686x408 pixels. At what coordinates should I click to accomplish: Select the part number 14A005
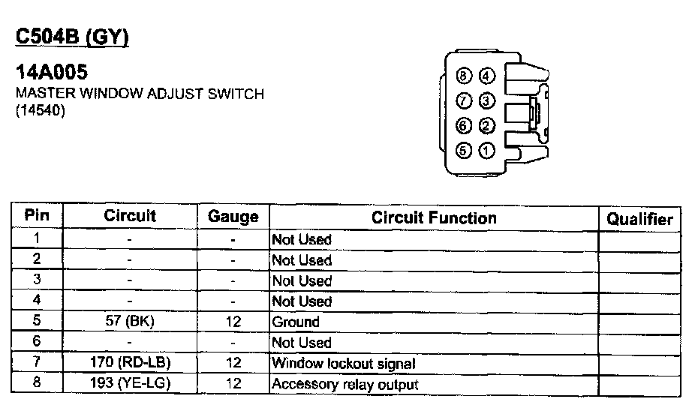52,73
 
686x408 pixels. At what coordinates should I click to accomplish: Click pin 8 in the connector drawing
465,76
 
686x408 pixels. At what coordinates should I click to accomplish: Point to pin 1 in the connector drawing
487,151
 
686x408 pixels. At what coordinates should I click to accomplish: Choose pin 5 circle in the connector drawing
465,151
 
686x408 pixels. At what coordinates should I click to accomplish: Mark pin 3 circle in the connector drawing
487,100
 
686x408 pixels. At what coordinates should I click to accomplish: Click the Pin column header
37,216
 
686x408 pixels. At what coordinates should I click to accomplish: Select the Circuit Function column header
434,217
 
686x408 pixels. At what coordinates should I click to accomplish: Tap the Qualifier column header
639,219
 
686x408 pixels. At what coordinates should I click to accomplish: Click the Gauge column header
233,217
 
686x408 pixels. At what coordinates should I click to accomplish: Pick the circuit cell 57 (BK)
130,322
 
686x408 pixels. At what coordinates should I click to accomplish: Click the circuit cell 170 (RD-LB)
130,363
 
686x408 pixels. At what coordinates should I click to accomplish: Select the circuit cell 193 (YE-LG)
130,384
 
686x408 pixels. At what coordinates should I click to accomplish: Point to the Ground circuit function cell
296,322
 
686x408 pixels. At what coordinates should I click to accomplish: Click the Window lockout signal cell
343,363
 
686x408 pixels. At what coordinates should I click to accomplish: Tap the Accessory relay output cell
345,384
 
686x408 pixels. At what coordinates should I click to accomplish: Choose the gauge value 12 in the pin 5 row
233,322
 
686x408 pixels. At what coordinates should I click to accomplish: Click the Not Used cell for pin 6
301,343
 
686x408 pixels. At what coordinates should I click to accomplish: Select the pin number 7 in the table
37,363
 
